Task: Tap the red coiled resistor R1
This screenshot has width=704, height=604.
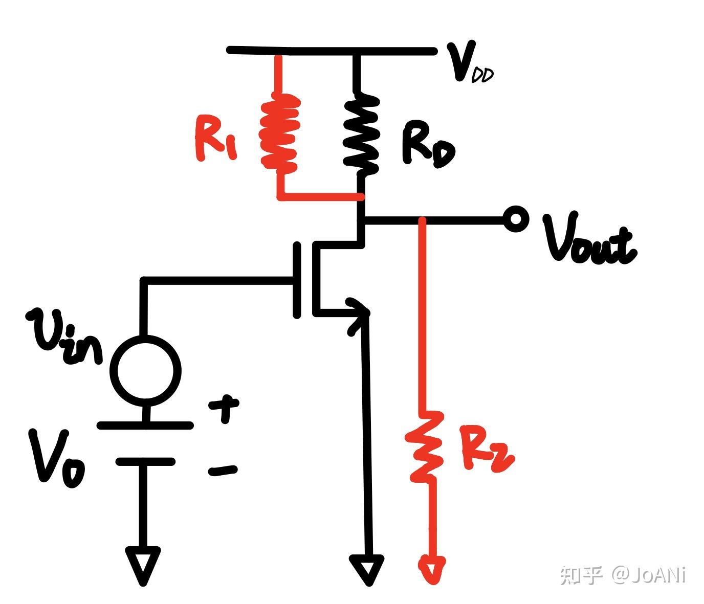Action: [x=280, y=133]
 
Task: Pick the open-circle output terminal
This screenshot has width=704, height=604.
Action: [x=516, y=219]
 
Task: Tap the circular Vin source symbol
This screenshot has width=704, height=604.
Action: [x=145, y=371]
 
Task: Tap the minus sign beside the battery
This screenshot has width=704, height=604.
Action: [x=223, y=471]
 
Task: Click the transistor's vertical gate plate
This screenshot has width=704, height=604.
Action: [x=297, y=280]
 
